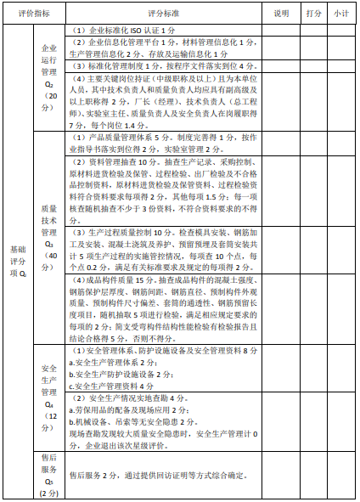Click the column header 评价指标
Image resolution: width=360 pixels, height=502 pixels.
coord(33,14)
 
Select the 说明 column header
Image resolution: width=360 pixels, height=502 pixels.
coord(281,14)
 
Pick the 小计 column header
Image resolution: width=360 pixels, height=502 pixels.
coord(341,14)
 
